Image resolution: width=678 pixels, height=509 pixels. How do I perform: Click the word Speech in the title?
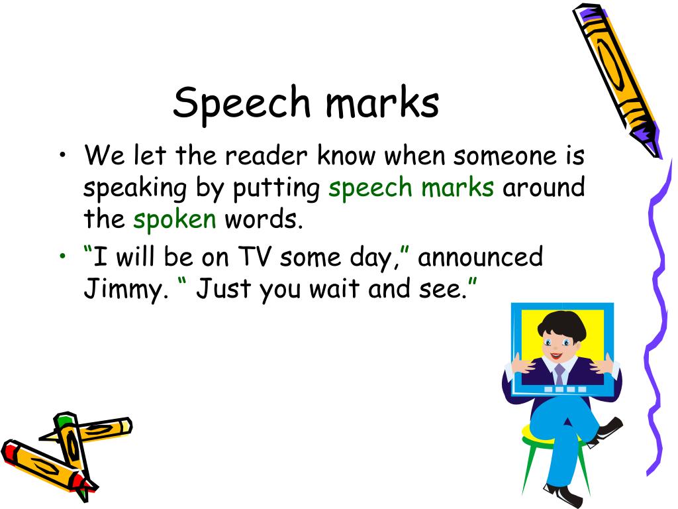coord(241,104)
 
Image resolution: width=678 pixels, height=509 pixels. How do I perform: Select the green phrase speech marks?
coord(411,188)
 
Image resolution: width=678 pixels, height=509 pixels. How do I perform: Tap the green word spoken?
coord(174,219)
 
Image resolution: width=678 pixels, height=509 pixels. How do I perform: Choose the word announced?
coord(480,256)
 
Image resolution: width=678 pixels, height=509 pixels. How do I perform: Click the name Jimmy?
coord(122,290)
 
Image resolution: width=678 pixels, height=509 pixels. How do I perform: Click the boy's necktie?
coord(559,374)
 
